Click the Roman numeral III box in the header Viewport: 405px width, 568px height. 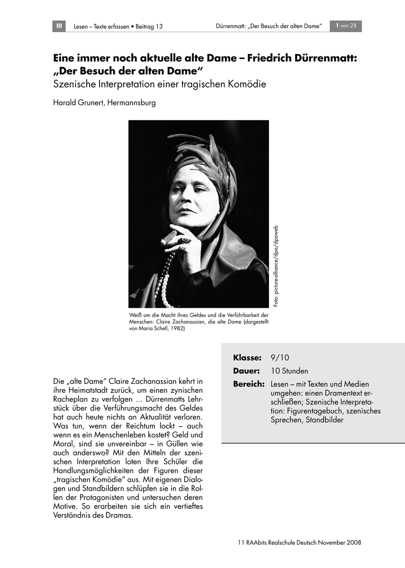(x=59, y=26)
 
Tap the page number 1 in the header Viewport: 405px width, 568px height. (x=337, y=26)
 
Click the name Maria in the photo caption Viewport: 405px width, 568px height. (x=147, y=329)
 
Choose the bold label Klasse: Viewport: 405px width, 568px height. (x=247, y=357)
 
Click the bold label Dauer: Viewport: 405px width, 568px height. (x=246, y=371)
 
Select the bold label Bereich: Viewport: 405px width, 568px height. (x=249, y=384)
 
